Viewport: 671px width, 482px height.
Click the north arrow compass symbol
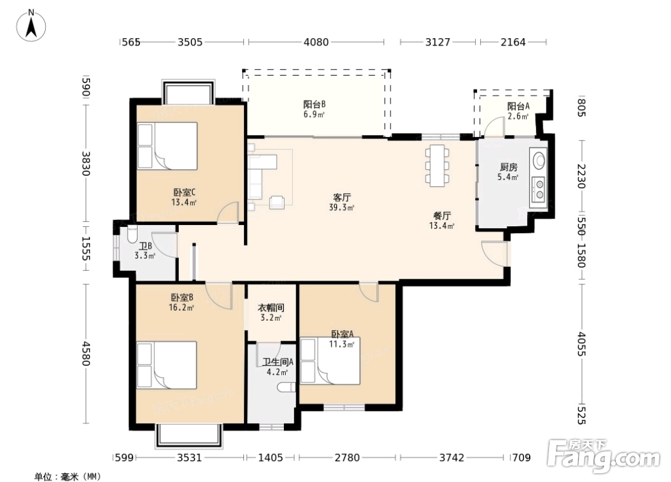[x=31, y=26]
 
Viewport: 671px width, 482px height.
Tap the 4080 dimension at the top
[x=316, y=42]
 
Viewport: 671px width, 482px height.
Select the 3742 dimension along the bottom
[x=452, y=458]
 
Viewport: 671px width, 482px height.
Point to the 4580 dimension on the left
[x=86, y=353]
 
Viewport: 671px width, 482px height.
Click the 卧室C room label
[x=184, y=193]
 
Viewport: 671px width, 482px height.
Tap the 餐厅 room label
[x=442, y=216]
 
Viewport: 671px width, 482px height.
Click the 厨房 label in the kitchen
[x=508, y=167]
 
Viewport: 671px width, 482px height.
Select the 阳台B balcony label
[x=315, y=104]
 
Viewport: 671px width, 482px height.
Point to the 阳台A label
[x=518, y=106]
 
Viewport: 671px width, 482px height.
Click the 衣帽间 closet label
[x=271, y=308]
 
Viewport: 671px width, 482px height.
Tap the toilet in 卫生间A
[x=286, y=388]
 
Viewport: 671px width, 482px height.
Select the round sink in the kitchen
[x=539, y=159]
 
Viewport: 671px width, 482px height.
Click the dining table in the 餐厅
[x=437, y=166]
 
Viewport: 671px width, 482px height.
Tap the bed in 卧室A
[x=330, y=361]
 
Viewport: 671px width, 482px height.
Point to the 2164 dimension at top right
[x=513, y=42]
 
